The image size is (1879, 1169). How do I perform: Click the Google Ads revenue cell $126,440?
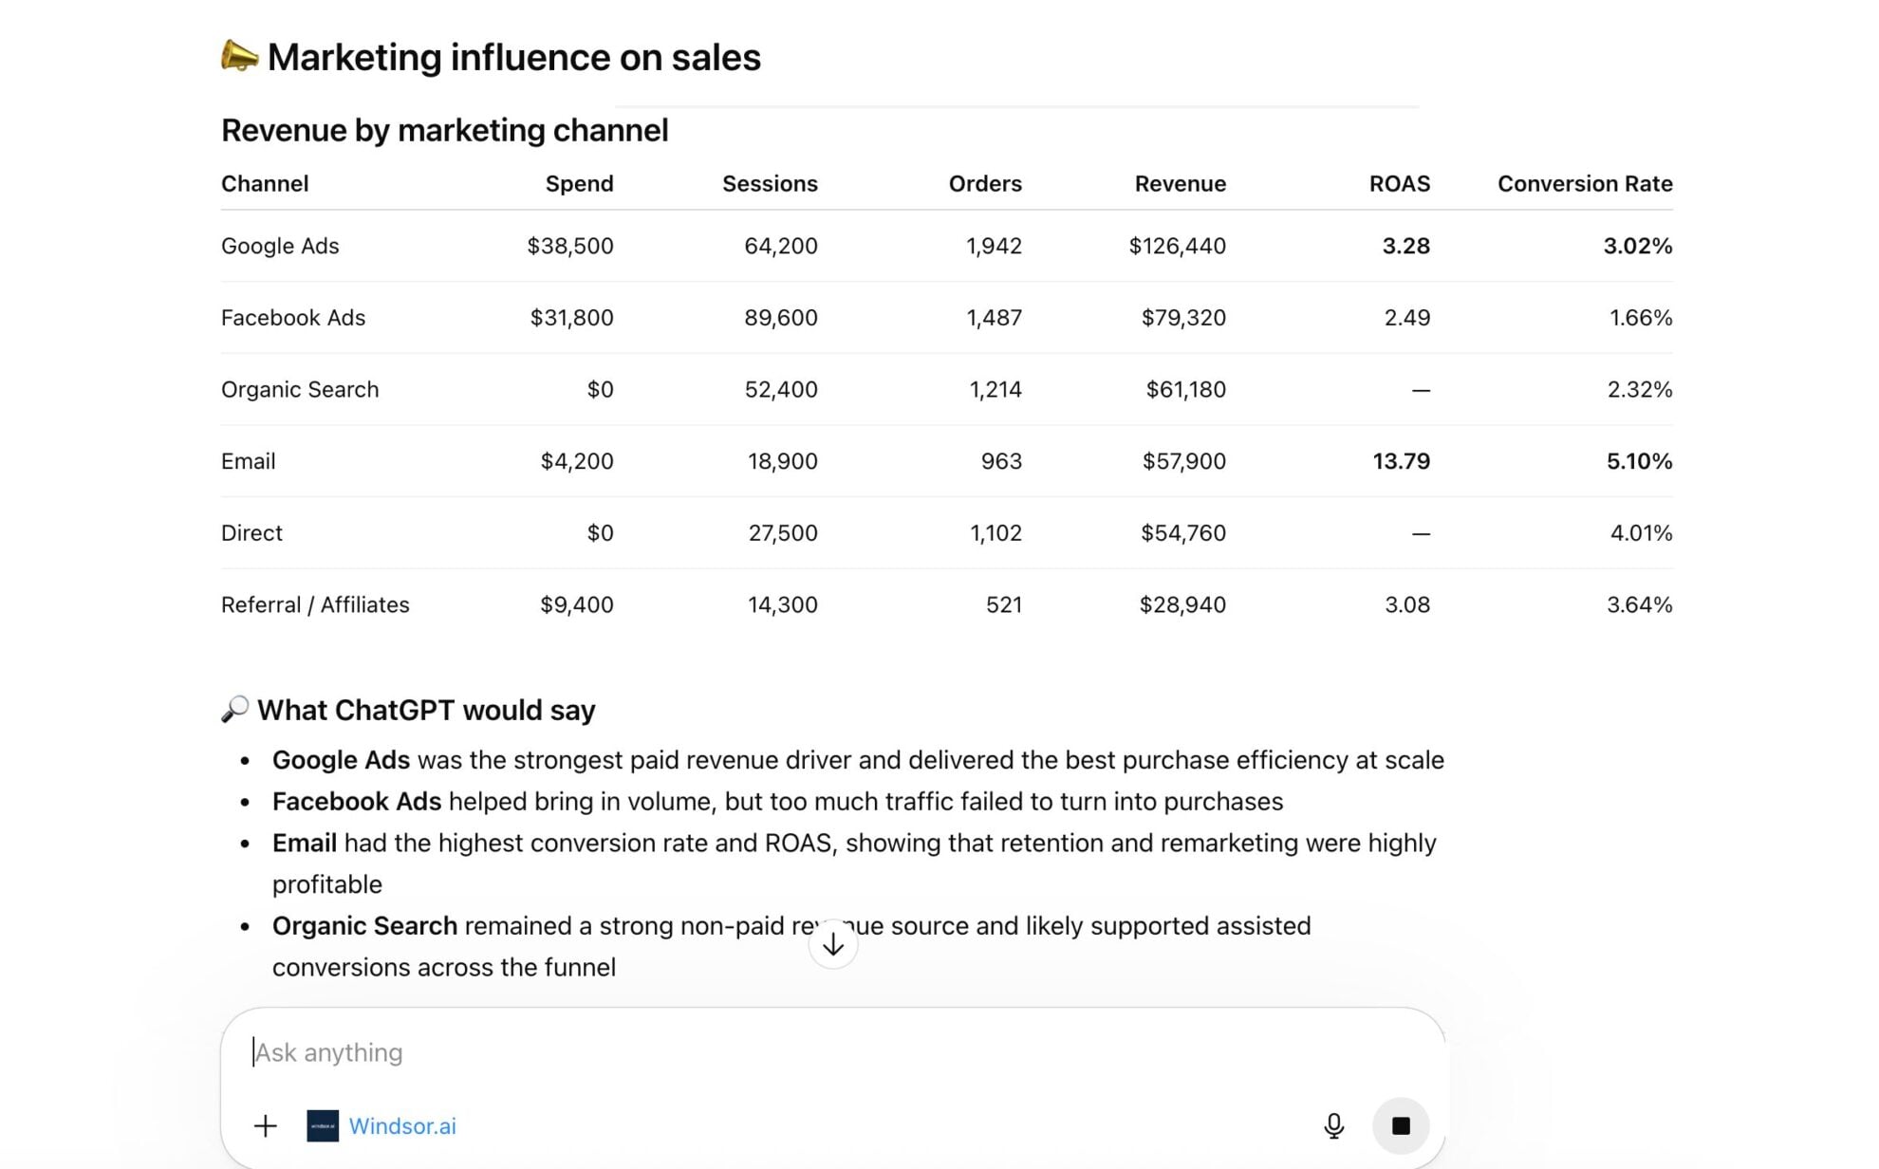click(x=1177, y=246)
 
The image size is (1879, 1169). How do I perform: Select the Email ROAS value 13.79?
click(x=1401, y=461)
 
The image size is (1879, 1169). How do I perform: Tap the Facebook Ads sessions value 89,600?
click(x=780, y=318)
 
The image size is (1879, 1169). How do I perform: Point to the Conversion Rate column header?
click(x=1584, y=183)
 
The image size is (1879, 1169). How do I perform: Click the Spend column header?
click(x=579, y=183)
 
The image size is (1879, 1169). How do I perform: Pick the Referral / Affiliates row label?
click(x=315, y=604)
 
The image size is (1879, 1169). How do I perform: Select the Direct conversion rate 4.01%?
click(x=1641, y=533)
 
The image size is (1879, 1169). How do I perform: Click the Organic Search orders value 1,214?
click(x=995, y=389)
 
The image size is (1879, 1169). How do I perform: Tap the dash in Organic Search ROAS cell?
click(x=1420, y=390)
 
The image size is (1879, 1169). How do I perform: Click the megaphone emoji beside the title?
click(x=239, y=56)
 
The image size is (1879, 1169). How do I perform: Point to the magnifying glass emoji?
click(x=234, y=709)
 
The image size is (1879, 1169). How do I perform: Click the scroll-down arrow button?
click(x=832, y=944)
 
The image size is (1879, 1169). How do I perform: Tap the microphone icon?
click(x=1333, y=1125)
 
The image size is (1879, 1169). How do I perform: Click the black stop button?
click(x=1400, y=1125)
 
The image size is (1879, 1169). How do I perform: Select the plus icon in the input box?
click(x=266, y=1125)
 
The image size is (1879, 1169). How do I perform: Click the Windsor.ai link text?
click(x=401, y=1126)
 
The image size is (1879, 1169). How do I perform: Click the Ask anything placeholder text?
click(x=329, y=1052)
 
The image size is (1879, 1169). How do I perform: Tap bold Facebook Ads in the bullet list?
click(x=356, y=802)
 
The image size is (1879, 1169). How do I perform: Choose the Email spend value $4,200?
click(x=576, y=461)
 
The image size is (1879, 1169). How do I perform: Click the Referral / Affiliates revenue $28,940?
click(x=1181, y=604)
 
